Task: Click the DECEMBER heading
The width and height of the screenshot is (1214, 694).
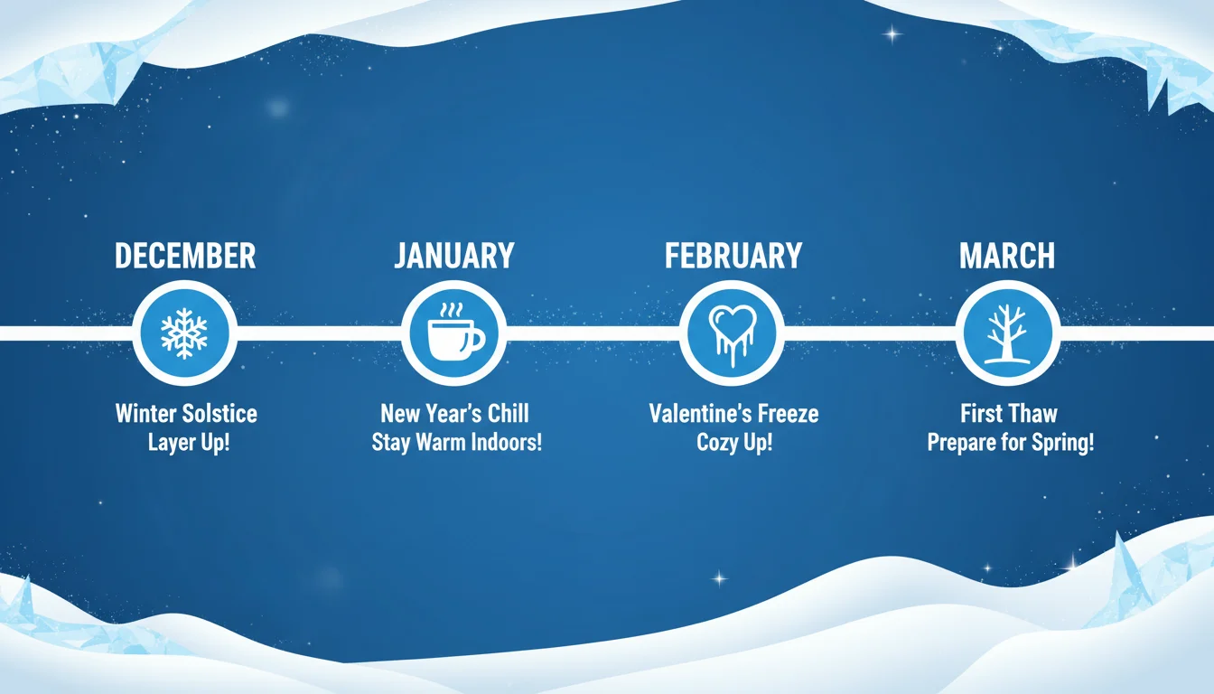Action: pyautogui.click(x=185, y=257)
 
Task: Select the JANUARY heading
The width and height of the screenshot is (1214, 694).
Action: pyautogui.click(x=454, y=257)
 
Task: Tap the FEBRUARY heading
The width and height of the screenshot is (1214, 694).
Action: pyautogui.click(x=733, y=257)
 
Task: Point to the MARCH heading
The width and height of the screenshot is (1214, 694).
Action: pyautogui.click(x=1007, y=257)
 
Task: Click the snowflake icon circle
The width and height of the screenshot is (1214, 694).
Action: pyautogui.click(x=184, y=333)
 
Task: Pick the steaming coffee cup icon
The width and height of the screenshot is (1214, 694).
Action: pyautogui.click(x=454, y=333)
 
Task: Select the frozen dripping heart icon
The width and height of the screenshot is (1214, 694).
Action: pyautogui.click(x=732, y=333)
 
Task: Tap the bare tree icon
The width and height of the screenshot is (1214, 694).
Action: pyautogui.click(x=1007, y=333)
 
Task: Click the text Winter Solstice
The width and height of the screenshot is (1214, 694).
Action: pyautogui.click(x=186, y=414)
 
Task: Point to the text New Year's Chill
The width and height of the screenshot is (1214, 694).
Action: pyautogui.click(x=454, y=414)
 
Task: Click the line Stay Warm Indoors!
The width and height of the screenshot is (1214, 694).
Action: pyautogui.click(x=456, y=444)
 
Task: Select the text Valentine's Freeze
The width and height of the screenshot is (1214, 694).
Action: pyautogui.click(x=733, y=414)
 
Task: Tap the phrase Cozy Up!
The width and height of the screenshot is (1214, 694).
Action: pyautogui.click(x=734, y=444)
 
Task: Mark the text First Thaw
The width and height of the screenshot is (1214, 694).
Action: pyautogui.click(x=1009, y=414)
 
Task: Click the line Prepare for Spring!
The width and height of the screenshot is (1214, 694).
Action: pyautogui.click(x=1011, y=444)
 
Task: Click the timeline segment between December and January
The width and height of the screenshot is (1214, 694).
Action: pyautogui.click(x=319, y=333)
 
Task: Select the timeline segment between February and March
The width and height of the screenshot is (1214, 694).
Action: pyautogui.click(x=869, y=333)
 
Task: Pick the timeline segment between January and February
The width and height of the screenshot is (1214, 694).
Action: pyautogui.click(x=593, y=333)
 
